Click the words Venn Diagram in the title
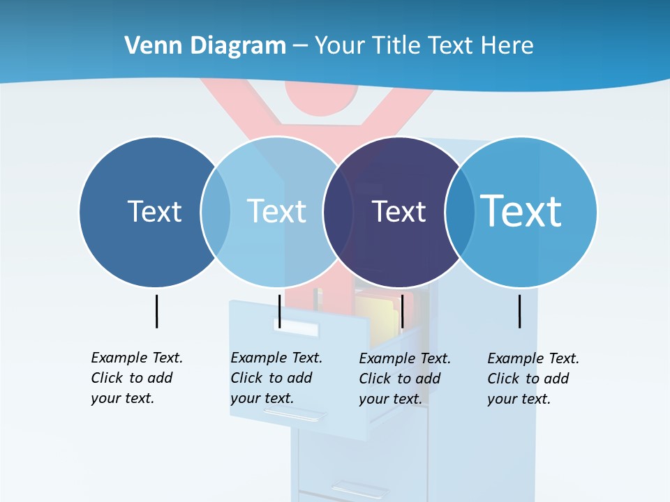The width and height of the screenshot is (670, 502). tap(205, 46)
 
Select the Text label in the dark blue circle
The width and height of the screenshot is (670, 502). tap(154, 211)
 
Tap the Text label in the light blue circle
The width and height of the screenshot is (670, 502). tap(276, 211)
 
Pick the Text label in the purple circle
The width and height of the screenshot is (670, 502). tap(399, 211)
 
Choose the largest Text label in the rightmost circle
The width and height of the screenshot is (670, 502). tap(521, 211)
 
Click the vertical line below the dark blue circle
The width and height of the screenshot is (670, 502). tap(156, 311)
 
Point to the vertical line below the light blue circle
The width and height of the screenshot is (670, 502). tap(279, 311)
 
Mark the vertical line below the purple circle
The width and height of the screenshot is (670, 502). tap(402, 311)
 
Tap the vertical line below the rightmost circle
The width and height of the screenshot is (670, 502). tap(520, 311)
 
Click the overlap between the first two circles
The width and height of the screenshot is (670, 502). tap(216, 212)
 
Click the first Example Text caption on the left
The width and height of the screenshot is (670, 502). tap(137, 378)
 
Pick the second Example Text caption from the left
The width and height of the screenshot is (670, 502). tap(276, 378)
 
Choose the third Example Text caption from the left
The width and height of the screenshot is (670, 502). tap(405, 379)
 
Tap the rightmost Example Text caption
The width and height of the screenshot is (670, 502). tap(533, 379)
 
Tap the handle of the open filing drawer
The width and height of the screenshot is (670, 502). tap(294, 415)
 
